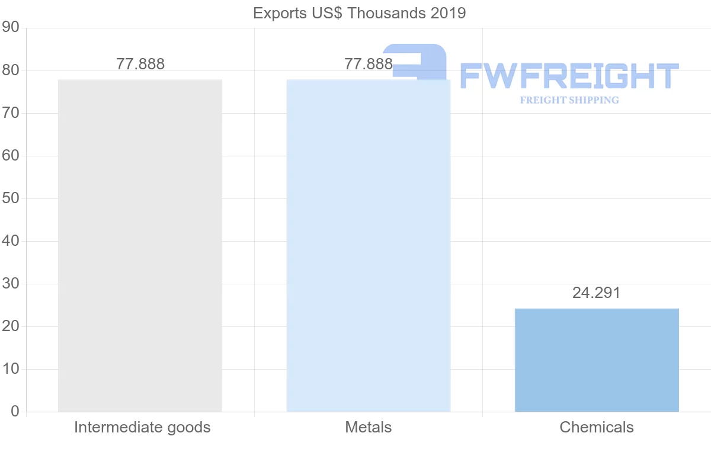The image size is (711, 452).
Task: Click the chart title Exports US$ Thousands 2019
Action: [359, 13]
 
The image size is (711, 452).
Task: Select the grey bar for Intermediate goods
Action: [140, 245]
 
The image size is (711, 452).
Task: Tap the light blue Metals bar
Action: [368, 245]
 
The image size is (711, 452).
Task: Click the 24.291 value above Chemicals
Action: [596, 293]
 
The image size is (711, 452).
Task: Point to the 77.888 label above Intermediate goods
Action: [140, 64]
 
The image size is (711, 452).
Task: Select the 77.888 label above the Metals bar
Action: [368, 64]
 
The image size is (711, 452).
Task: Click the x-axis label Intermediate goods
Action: [142, 427]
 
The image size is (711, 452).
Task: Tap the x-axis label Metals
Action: [369, 427]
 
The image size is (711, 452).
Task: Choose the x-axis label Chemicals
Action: [597, 427]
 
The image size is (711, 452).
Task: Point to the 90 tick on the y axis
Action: [11, 28]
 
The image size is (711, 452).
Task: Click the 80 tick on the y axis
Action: [11, 70]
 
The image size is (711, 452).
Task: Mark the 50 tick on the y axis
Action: [11, 198]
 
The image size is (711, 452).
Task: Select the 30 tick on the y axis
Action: [11, 284]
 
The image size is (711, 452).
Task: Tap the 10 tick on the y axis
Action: [11, 369]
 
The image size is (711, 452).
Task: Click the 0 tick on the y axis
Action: [15, 412]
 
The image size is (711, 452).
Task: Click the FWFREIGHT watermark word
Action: [569, 76]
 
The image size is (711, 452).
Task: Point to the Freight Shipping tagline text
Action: [569, 100]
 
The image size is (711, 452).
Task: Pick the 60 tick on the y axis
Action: [11, 156]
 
